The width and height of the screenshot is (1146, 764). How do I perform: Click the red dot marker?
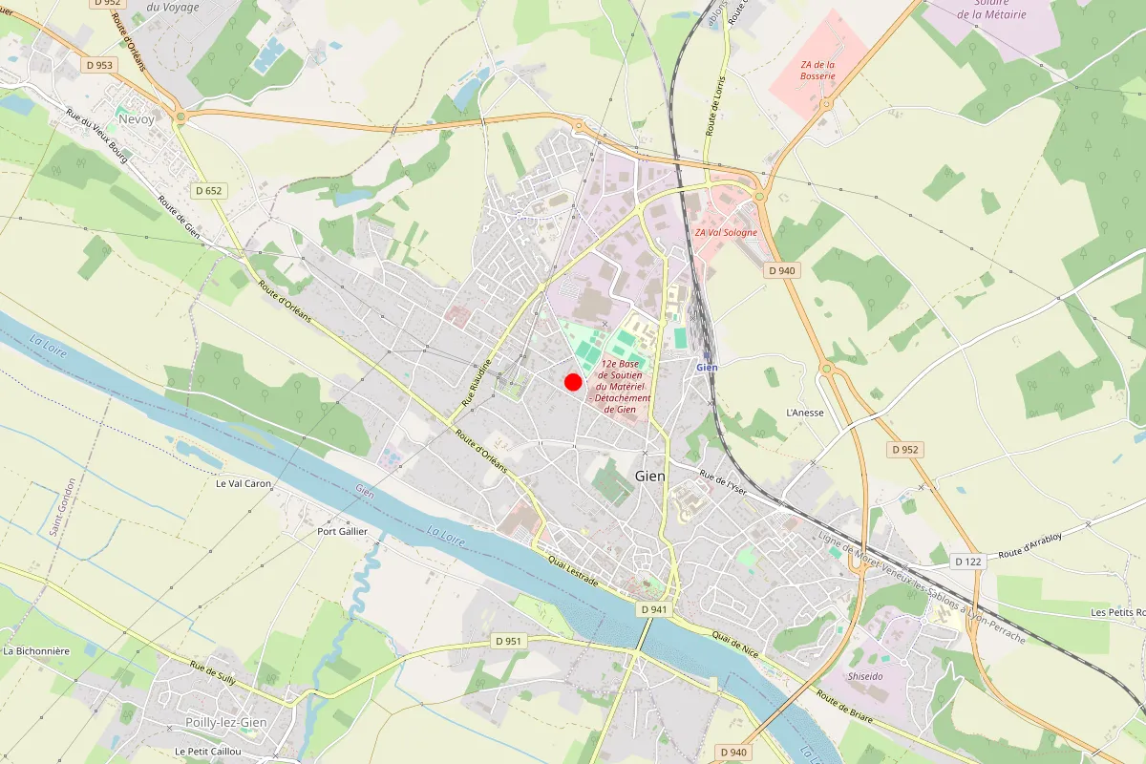point(573,382)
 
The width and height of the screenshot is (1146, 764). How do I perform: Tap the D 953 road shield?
point(98,65)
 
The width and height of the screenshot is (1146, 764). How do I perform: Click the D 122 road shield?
point(967,562)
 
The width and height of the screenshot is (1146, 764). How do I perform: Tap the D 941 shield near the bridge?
point(654,608)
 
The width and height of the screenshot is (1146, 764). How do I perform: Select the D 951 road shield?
point(509,640)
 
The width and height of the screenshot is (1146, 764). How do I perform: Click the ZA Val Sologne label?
point(726,232)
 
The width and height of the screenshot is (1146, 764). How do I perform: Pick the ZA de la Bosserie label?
point(818,70)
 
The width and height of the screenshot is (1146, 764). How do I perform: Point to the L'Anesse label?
point(804,413)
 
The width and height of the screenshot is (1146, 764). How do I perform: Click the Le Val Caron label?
point(244,483)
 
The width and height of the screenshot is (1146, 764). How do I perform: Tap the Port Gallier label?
point(342,531)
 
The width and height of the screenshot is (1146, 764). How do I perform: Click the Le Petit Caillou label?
point(209,752)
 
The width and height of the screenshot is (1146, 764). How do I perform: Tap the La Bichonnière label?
point(36,651)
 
